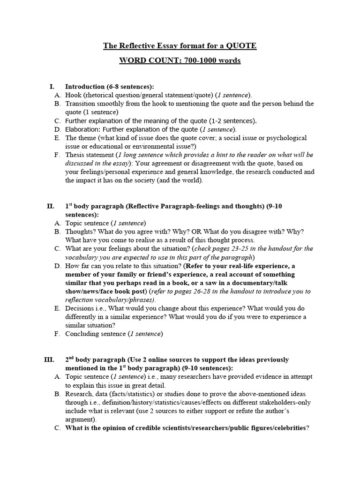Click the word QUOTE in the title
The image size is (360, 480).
click(240, 46)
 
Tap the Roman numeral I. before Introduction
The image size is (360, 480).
click(52, 87)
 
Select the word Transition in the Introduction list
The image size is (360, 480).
click(80, 104)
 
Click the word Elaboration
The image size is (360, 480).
click(82, 129)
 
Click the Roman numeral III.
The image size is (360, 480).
click(49, 360)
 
